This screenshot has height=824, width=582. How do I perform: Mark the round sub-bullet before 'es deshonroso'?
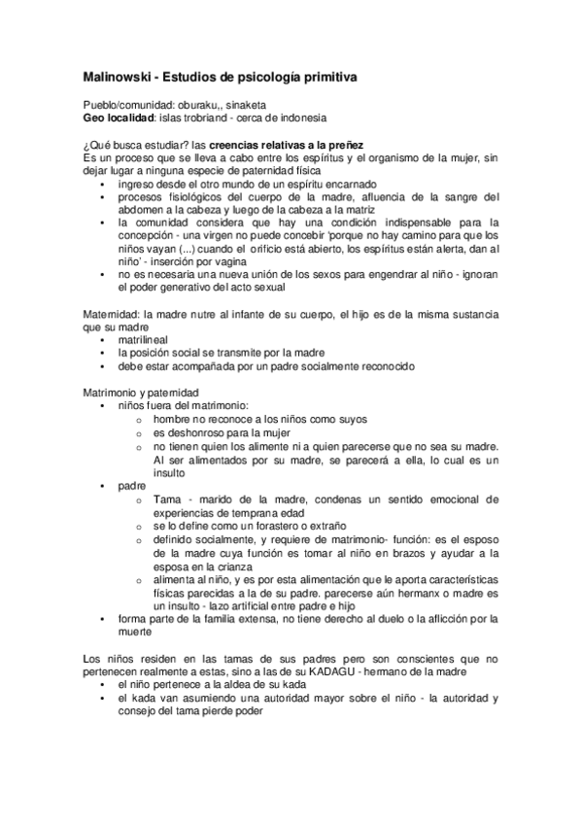tap(141, 431)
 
